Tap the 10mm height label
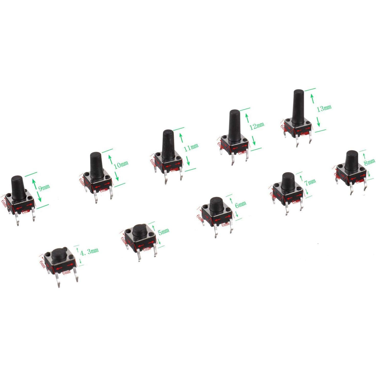(x=121, y=164)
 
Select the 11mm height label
(x=191, y=148)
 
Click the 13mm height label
(x=324, y=108)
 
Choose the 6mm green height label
(x=240, y=204)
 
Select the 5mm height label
(x=163, y=232)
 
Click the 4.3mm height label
(x=89, y=252)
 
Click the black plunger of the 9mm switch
(x=18, y=188)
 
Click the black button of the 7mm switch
(x=288, y=181)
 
